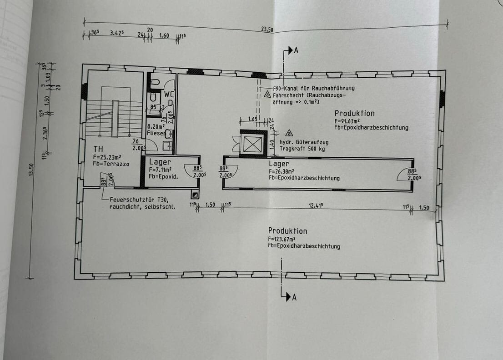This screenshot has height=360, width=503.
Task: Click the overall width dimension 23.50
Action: pos(267,30)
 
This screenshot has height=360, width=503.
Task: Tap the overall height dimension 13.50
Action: pos(31,170)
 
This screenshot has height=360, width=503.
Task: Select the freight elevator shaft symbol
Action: pos(253,144)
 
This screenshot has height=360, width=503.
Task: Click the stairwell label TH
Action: pos(98,149)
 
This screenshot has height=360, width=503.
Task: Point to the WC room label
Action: pos(169,94)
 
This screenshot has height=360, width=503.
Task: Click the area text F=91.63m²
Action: pos(347,121)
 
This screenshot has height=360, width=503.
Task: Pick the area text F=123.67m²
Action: pos(282,239)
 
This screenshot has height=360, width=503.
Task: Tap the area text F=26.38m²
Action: pos(282,171)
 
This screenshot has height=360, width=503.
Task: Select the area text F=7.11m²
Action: pos(160,170)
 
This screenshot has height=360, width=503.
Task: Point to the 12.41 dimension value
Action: pos(316,205)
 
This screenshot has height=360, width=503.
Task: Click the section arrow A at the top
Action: pos(291,50)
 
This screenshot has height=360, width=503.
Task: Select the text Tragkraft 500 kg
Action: pos(302,149)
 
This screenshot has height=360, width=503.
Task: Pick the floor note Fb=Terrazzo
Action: pos(111,164)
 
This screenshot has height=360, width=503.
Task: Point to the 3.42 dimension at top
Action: pos(117,33)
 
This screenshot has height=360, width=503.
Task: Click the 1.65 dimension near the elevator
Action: pos(252,119)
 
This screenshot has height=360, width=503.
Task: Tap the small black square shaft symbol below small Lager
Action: pos(195,194)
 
